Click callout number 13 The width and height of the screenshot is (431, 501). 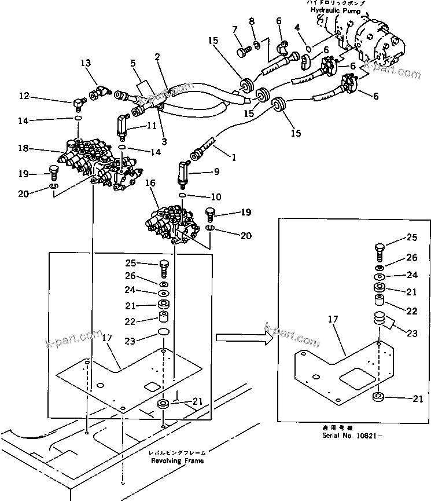point(86,63)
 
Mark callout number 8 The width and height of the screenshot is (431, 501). point(252,22)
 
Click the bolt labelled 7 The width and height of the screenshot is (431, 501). point(241,52)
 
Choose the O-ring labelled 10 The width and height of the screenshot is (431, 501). point(182,196)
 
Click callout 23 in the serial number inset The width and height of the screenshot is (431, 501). point(411,333)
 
